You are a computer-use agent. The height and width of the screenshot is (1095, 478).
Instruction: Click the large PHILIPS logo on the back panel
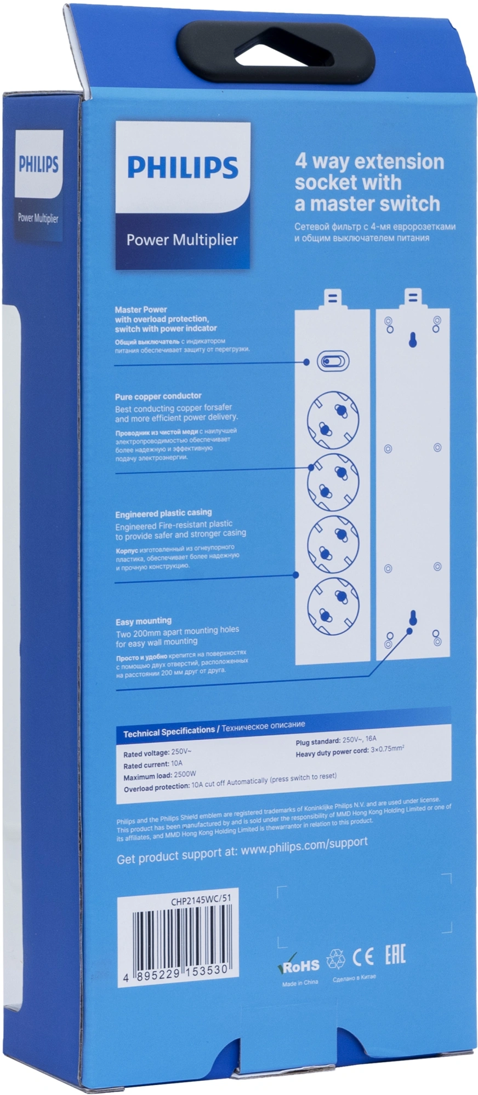pyautogui.click(x=183, y=167)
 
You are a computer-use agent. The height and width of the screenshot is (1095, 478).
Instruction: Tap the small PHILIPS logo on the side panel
pyautogui.click(x=38, y=165)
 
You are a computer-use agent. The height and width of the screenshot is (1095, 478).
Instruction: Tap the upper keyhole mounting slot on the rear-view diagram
pyautogui.click(x=412, y=340)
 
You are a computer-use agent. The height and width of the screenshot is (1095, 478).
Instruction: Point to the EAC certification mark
pyautogui.click(x=395, y=956)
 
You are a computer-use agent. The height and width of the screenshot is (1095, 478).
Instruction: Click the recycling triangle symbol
pyautogui.click(x=336, y=958)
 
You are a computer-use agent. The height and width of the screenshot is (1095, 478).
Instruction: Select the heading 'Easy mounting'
pyautogui.click(x=143, y=621)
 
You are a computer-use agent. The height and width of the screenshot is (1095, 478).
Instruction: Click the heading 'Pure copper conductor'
pyautogui.click(x=158, y=396)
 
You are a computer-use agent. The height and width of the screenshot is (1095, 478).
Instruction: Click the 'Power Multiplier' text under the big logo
pyautogui.click(x=182, y=240)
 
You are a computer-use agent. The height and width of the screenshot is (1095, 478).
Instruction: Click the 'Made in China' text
pyautogui.click(x=300, y=983)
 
